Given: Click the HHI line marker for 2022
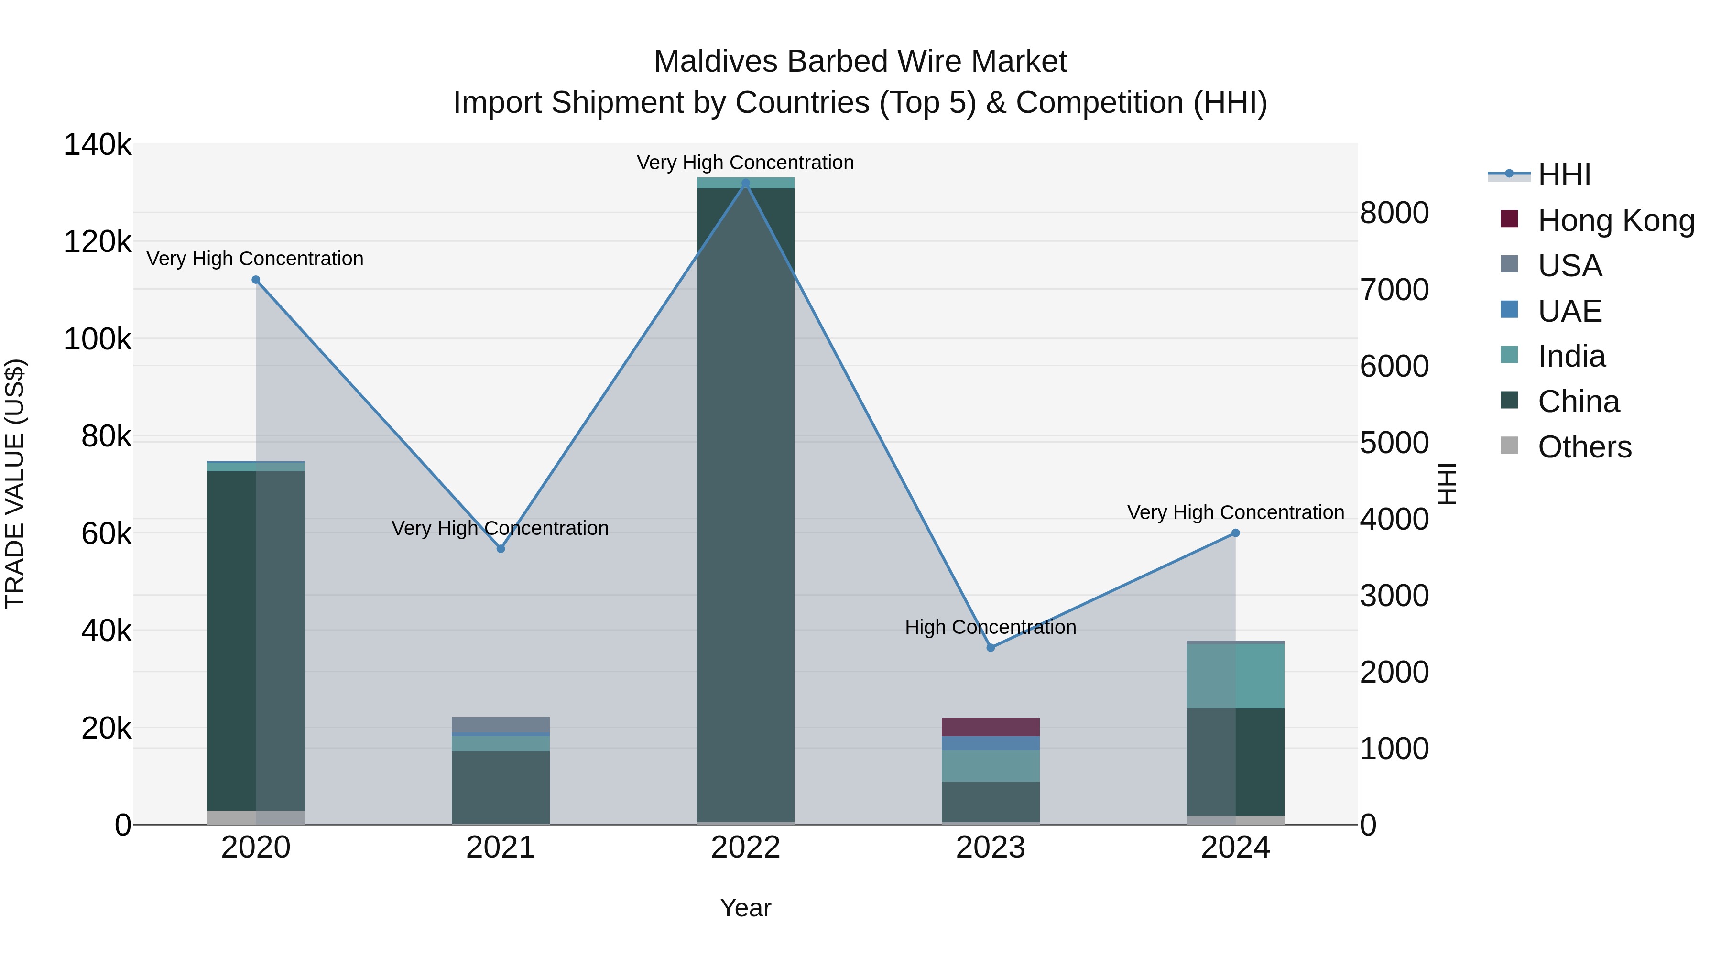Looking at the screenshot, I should point(746,183).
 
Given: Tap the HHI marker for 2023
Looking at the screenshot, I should point(991,647).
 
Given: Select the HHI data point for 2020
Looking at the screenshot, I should point(256,280).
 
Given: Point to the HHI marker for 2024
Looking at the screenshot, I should point(1235,533).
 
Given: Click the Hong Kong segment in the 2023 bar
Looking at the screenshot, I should point(991,727).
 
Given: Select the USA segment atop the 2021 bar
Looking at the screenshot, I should point(501,724).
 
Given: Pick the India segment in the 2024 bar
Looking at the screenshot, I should point(1235,674).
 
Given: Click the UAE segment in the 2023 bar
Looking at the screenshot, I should point(991,743).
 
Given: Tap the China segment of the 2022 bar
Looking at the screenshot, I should point(746,501).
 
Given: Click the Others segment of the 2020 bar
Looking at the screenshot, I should point(256,817).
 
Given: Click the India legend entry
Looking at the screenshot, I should point(1571,356).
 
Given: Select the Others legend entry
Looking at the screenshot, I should point(1584,447).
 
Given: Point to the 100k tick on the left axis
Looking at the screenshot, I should point(98,339).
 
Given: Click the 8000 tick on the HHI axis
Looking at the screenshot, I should point(1394,213).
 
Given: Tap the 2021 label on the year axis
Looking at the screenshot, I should point(501,848).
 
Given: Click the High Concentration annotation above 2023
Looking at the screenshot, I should point(991,627).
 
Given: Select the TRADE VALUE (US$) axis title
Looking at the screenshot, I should point(15,484).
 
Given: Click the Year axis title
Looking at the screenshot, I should point(746,908).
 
